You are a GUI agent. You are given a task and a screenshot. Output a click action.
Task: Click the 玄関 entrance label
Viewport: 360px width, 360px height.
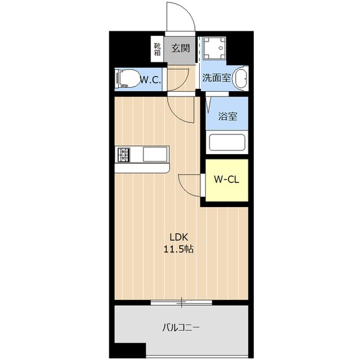click(181, 48)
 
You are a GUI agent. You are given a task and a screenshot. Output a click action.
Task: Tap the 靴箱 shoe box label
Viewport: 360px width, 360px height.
click(157, 49)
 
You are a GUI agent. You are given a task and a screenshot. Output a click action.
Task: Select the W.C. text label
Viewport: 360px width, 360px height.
click(151, 80)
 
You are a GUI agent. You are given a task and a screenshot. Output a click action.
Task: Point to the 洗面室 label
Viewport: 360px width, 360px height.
click(216, 78)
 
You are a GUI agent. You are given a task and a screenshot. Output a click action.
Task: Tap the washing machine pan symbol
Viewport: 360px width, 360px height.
click(214, 48)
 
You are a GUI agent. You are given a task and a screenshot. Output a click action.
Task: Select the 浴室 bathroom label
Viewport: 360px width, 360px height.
click(227, 116)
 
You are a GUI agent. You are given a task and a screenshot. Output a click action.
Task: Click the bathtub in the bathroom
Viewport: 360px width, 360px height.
click(227, 142)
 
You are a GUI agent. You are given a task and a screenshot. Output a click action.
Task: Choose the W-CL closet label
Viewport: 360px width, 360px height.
click(227, 179)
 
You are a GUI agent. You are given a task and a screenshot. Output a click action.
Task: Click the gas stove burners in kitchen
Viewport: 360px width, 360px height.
click(124, 155)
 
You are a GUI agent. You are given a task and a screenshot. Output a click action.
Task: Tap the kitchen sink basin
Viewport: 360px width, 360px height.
click(155, 155)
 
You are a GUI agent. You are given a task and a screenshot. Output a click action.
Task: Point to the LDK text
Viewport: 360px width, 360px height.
click(179, 237)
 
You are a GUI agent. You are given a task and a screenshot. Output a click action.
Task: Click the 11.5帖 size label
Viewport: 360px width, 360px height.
click(178, 249)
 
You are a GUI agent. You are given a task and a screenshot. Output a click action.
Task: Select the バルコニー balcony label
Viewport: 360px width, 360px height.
click(181, 328)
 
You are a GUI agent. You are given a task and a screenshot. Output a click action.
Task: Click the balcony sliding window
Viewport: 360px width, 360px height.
click(181, 302)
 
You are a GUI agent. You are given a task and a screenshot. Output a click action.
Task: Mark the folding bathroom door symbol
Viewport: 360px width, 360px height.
click(209, 104)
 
